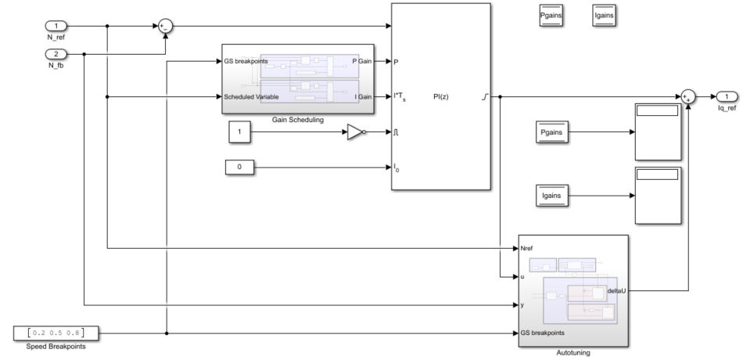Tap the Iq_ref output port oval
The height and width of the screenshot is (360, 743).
727,96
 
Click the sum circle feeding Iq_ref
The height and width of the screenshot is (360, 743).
687,96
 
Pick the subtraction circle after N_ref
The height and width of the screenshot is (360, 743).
166,27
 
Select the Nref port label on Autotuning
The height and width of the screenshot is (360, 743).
529,248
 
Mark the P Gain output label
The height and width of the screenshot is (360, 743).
362,60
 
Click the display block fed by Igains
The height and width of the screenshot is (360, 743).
658,194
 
